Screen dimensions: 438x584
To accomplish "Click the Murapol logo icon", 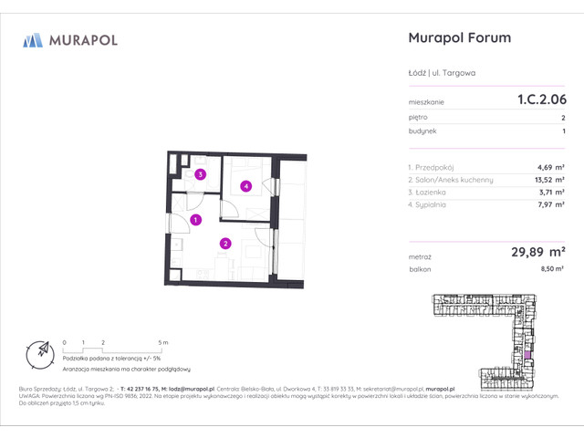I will pyautogui.click(x=34, y=40).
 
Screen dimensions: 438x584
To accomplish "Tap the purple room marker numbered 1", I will pyautogui.click(x=196, y=219).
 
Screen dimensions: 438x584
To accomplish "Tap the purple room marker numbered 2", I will pyautogui.click(x=225, y=243).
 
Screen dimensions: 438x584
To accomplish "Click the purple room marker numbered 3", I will pyautogui.click(x=200, y=173).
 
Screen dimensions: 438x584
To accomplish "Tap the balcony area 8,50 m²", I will pyautogui.click(x=551, y=270).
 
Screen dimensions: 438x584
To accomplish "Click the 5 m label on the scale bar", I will pyautogui.click(x=162, y=342).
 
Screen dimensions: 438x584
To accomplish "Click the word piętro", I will pyautogui.click(x=418, y=118).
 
